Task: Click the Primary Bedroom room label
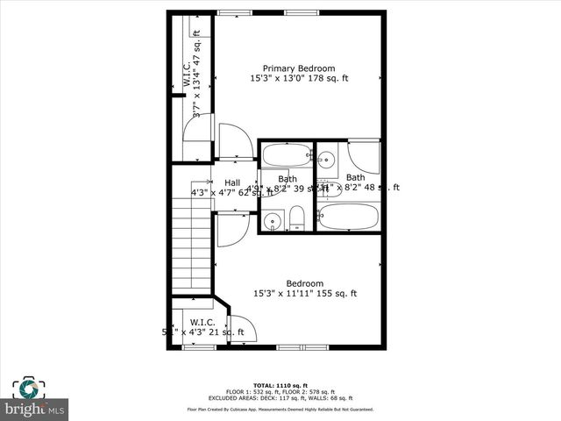299,68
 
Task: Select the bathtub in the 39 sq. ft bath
287,155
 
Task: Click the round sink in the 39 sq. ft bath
273,220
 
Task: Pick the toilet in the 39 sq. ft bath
296,218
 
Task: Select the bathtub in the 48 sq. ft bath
349,217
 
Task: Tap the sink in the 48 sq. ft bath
326,159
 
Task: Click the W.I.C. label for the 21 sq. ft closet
202,322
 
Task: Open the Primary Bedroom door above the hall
234,143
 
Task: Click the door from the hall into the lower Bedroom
232,229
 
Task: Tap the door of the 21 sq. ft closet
243,329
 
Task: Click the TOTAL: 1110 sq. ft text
280,385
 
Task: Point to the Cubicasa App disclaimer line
280,409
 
